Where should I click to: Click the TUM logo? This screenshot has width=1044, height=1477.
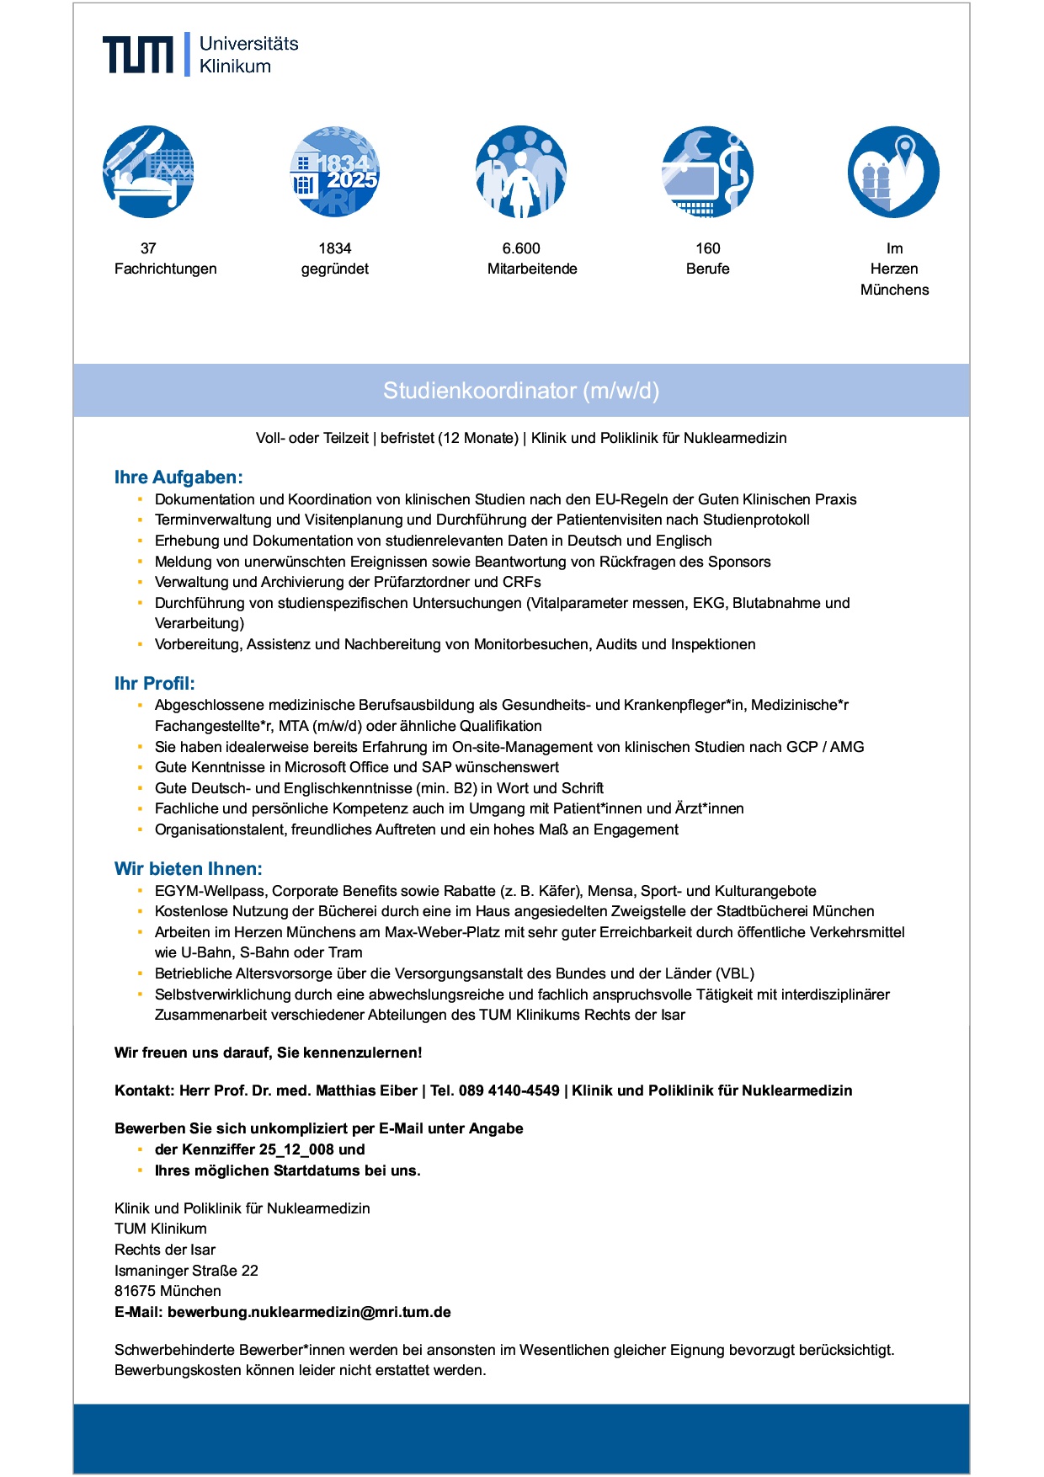pyautogui.click(x=138, y=54)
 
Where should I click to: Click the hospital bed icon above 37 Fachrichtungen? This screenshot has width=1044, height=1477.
pyautogui.click(x=148, y=173)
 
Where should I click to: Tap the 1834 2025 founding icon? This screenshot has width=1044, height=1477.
pyautogui.click(x=335, y=173)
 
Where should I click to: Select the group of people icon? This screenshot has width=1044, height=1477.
pyautogui.click(x=521, y=173)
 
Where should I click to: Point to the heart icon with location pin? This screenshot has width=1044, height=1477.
pyautogui.click(x=893, y=173)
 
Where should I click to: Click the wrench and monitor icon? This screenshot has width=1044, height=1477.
pyautogui.click(x=707, y=173)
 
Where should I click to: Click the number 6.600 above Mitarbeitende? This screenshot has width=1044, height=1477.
pyautogui.click(x=521, y=248)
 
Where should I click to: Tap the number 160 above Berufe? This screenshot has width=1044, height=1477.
pyautogui.click(x=708, y=248)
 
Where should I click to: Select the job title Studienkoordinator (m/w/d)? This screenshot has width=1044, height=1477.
pyautogui.click(x=521, y=391)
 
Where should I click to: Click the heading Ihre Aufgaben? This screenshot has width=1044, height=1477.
pyautogui.click(x=178, y=477)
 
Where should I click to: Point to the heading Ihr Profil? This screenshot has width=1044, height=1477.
pyautogui.click(x=154, y=684)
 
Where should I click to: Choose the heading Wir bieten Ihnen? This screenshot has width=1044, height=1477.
pyautogui.click(x=189, y=869)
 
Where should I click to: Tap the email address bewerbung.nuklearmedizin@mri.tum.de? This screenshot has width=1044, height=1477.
pyautogui.click(x=309, y=1312)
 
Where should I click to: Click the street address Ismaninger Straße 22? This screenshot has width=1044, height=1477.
pyautogui.click(x=186, y=1271)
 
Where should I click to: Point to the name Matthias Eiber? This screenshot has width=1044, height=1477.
pyautogui.click(x=366, y=1090)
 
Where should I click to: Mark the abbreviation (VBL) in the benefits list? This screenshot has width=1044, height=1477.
pyautogui.click(x=735, y=973)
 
